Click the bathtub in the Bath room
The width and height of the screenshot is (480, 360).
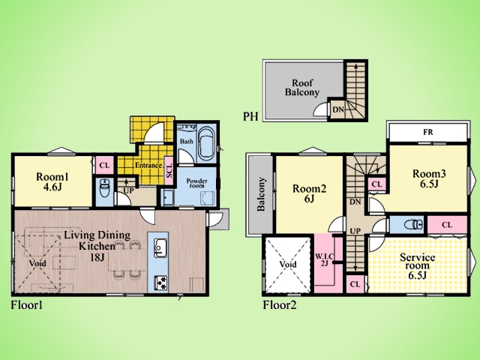[x=206, y=144]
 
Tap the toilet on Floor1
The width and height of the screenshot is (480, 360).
[x=105, y=189]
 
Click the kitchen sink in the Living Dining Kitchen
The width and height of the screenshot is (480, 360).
[x=160, y=247]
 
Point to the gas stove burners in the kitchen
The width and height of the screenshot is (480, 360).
[x=160, y=282]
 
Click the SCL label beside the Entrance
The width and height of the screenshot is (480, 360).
[x=169, y=170]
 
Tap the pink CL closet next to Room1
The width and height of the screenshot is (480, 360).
[x=104, y=166]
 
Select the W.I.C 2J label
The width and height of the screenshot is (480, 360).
[x=325, y=259]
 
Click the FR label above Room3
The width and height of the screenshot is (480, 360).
[x=428, y=132]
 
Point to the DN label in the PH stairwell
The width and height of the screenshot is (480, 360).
[x=338, y=109]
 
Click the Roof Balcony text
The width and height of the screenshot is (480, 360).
[x=302, y=87]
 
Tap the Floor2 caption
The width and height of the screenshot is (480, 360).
[x=280, y=305]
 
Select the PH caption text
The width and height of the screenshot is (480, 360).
[x=250, y=116]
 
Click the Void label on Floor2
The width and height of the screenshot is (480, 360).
[x=288, y=264]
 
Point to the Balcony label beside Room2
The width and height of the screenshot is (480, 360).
[x=261, y=194]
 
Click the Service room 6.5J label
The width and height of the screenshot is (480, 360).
[x=417, y=266]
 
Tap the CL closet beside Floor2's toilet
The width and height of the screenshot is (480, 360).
[x=447, y=225]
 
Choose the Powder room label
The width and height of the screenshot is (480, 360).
[x=196, y=183]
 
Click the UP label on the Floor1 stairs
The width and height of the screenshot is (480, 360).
[x=128, y=190]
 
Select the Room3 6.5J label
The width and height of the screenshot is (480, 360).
[x=429, y=178]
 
